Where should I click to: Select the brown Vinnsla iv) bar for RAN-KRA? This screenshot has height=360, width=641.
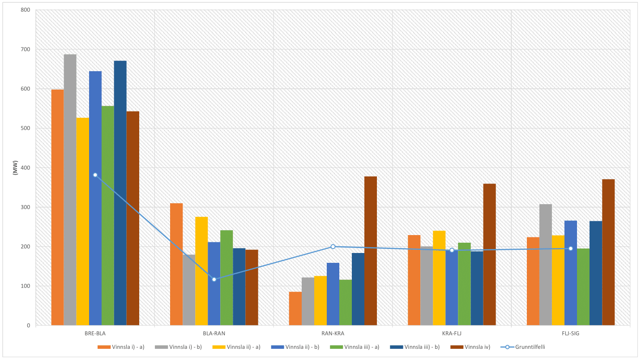point(371,251)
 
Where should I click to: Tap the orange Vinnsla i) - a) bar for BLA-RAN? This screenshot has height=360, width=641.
point(176,264)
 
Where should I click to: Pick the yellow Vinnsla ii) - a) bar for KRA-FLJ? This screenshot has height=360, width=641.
point(439,278)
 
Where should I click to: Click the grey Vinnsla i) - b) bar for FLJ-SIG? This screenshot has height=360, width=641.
point(546,265)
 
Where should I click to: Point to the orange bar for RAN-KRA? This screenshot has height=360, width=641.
point(295,309)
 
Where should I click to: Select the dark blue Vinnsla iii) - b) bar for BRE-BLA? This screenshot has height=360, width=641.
point(120,193)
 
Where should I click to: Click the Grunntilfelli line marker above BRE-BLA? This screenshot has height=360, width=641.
point(95,175)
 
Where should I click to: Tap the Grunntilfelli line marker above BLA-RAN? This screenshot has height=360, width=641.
point(214,279)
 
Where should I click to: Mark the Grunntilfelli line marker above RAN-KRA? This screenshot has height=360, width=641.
point(333,247)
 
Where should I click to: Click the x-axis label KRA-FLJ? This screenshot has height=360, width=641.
point(452,334)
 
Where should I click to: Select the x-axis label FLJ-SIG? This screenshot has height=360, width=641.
point(571,334)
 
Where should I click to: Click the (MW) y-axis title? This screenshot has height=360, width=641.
point(15,167)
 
